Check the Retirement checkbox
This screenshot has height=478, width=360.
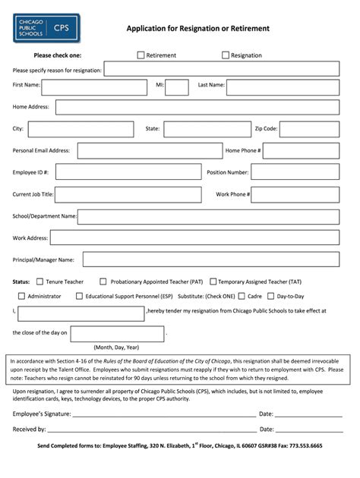(141, 55)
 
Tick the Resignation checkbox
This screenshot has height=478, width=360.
(226, 55)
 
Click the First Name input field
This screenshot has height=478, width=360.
(96, 86)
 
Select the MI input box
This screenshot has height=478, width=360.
(177, 86)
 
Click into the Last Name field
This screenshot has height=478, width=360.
(287, 86)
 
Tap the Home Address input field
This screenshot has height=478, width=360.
(201, 108)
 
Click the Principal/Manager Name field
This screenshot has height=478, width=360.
(216, 259)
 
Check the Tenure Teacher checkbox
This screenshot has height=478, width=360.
(37, 281)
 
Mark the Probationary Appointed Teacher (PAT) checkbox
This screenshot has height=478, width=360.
(103, 281)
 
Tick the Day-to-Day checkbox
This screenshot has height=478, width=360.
(270, 296)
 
